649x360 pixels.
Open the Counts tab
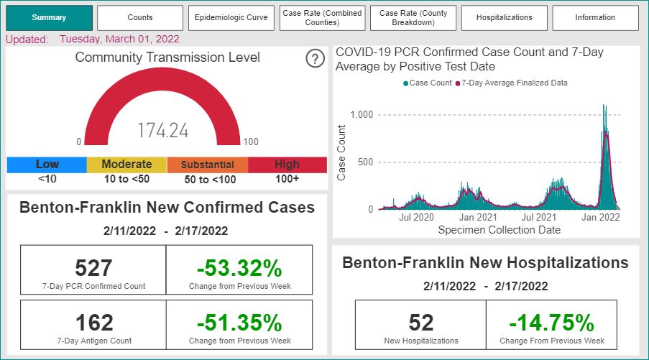pyautogui.click(x=140, y=18)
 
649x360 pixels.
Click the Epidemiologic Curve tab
pyautogui.click(x=231, y=18)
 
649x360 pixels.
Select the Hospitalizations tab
pyautogui.click(x=504, y=18)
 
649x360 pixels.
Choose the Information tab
pyautogui.click(x=595, y=18)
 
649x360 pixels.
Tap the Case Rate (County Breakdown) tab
pyautogui.click(x=413, y=18)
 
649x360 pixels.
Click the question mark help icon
pyautogui.click(x=315, y=59)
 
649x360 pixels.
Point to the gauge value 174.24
pyautogui.click(x=162, y=130)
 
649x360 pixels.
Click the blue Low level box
pyautogui.click(x=47, y=165)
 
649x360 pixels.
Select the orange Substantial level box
pyautogui.click(x=208, y=165)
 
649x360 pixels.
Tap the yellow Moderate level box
pyautogui.click(x=126, y=165)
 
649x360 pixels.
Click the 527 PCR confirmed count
pyautogui.click(x=93, y=268)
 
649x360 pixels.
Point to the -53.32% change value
pyautogui.click(x=239, y=268)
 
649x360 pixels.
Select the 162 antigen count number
pyautogui.click(x=94, y=323)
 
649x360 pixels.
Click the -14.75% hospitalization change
pyautogui.click(x=552, y=323)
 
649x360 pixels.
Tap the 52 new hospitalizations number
pyautogui.click(x=421, y=323)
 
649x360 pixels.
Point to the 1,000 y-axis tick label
pyautogui.click(x=362, y=115)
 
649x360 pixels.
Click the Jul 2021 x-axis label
pyautogui.click(x=539, y=217)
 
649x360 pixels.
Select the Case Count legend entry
pyautogui.click(x=428, y=83)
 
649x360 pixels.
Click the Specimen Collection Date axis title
pyautogui.click(x=500, y=230)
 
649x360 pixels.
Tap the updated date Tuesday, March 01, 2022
pyautogui.click(x=119, y=40)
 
